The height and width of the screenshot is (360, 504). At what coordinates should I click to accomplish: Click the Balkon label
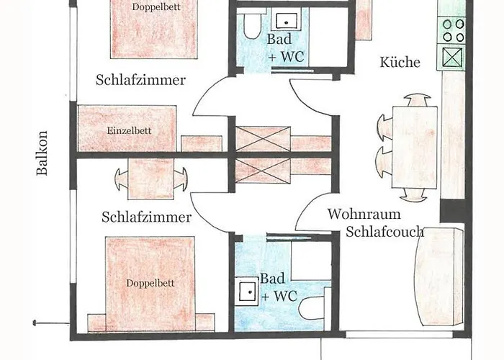[43, 153]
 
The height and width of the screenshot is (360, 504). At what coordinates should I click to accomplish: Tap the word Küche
[400, 63]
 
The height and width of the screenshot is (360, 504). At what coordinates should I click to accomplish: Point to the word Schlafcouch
[384, 232]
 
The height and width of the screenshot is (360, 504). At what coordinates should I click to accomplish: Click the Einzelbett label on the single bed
[128, 130]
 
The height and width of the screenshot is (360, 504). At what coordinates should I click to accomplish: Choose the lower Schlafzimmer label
[146, 217]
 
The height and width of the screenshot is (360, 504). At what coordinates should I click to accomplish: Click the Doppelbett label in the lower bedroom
[150, 283]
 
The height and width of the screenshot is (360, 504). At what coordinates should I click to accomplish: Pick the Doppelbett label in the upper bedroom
[156, 6]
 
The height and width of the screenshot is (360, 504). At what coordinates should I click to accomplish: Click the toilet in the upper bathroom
[248, 27]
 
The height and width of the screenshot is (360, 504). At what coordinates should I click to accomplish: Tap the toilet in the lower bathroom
[311, 309]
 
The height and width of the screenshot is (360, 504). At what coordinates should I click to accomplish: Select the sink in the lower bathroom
[247, 292]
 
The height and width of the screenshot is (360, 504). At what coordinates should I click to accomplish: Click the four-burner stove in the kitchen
[454, 30]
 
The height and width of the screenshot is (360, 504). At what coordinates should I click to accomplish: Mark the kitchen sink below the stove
[454, 56]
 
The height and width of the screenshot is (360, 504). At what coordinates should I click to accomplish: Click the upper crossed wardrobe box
[263, 138]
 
